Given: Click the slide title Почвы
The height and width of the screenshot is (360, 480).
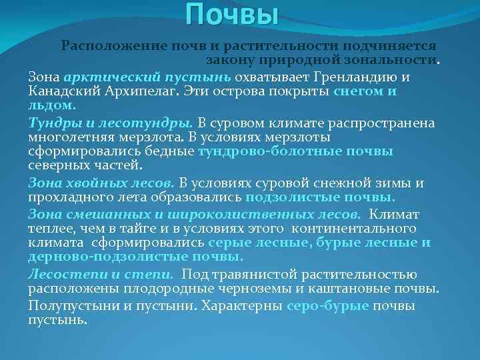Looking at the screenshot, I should pos(231,15).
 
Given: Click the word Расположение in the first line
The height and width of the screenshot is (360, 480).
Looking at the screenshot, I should pos(103,46).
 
